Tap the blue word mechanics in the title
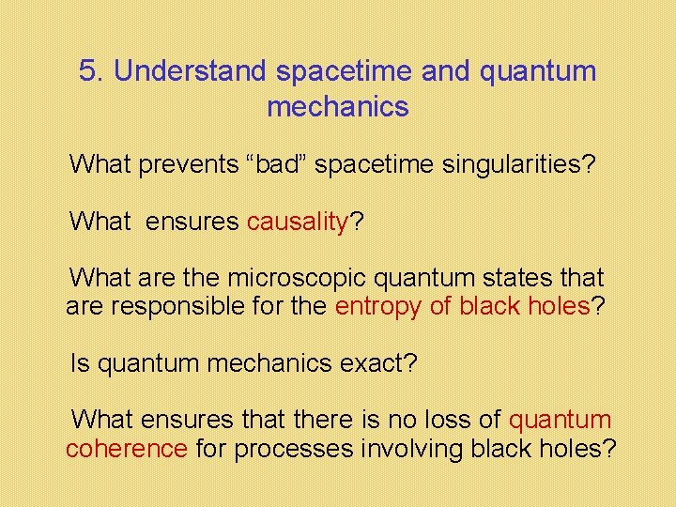tap(338, 107)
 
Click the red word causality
tap(298, 223)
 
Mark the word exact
tap(376, 363)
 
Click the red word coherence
tap(127, 449)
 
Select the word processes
tap(296, 449)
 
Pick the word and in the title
tap(445, 71)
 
